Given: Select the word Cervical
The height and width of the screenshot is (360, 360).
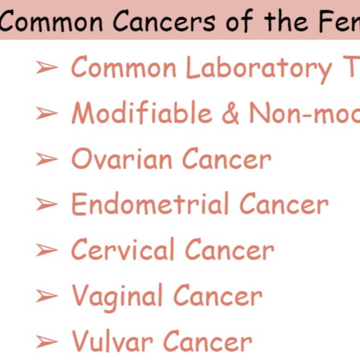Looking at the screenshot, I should tap(122, 250).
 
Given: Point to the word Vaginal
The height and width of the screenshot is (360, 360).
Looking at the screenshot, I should tap(117, 296).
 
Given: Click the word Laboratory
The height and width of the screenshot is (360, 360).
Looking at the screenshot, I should tap(259, 68).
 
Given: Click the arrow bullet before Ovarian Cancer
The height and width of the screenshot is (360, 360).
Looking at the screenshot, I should tap(47, 160).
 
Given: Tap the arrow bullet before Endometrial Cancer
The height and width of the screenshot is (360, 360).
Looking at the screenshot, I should tap(47, 205).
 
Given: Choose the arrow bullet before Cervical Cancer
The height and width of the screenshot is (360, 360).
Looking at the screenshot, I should tap(47, 251).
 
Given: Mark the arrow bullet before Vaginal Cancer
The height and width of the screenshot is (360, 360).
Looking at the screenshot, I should tap(47, 297).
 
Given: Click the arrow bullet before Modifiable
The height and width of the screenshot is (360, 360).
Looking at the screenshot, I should tap(47, 114).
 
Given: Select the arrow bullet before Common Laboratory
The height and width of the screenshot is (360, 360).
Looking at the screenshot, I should tap(47, 68).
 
